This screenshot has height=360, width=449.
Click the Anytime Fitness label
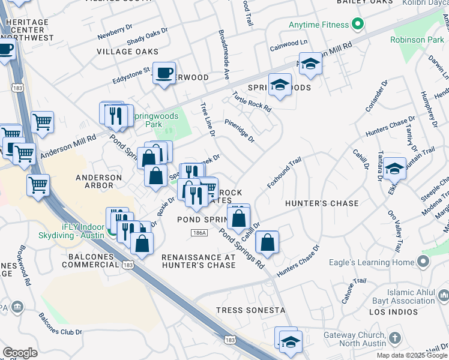tap(318, 25)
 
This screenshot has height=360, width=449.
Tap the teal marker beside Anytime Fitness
tap(358, 25)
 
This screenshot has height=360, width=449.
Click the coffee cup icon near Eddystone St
tap(164, 73)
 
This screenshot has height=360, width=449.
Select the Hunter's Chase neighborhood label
tap(321, 203)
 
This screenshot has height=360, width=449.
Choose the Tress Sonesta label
tap(250, 310)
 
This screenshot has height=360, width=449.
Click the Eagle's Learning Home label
tap(372, 262)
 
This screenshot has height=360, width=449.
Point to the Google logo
tap(20, 353)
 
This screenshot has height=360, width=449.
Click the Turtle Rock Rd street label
tap(252, 103)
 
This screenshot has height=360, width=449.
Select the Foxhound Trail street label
tap(284, 172)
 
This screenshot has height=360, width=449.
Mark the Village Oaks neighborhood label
tap(122, 52)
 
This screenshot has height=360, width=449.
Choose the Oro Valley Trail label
tap(395, 231)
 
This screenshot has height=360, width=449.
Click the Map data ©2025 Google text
tap(412, 355)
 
